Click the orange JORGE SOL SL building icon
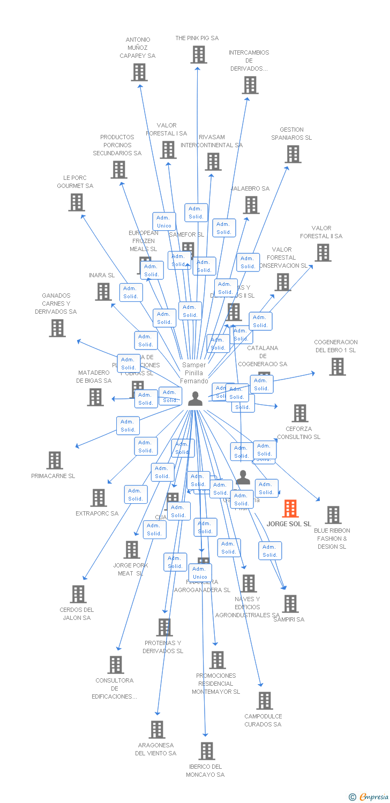point(290,509)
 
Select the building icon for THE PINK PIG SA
point(198,55)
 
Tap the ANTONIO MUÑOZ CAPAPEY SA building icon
point(139,72)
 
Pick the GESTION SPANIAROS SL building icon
point(292,154)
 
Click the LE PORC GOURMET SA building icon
point(77,202)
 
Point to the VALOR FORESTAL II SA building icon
point(322,253)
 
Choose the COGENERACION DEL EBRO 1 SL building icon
point(337,367)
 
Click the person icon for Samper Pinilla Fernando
point(195,398)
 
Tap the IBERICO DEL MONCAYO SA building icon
point(207,751)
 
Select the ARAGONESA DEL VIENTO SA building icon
point(157,730)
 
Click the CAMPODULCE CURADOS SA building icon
point(264,701)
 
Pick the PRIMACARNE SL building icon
point(54,460)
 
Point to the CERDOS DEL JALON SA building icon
point(78,594)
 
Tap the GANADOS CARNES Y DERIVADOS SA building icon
point(57,328)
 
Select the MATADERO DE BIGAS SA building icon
point(95,397)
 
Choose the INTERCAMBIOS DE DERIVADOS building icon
point(250,85)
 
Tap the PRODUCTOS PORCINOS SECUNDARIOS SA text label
point(117,145)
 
